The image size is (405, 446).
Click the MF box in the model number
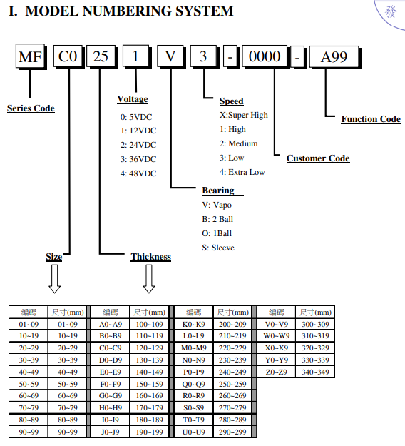(31, 56)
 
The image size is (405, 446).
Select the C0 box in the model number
(68, 56)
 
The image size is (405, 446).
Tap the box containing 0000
(265, 56)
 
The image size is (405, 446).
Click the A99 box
(334, 57)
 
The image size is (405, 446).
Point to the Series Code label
(31, 108)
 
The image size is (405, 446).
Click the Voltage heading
(133, 99)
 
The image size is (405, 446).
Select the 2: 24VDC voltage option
(138, 145)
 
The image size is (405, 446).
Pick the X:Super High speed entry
(244, 115)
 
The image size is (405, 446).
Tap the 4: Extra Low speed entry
(242, 172)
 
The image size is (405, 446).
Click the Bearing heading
(218, 191)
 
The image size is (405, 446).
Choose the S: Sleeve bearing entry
(218, 248)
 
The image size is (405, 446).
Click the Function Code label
(371, 119)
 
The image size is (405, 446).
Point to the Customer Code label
(318, 158)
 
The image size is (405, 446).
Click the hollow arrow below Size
(55, 279)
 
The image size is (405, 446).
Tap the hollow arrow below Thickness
(149, 279)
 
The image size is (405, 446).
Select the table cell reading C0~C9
(111, 348)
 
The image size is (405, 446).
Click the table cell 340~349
(315, 372)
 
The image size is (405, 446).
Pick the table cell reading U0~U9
(193, 432)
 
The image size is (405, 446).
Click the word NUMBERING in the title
(127, 11)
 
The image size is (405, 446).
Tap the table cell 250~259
(232, 384)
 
